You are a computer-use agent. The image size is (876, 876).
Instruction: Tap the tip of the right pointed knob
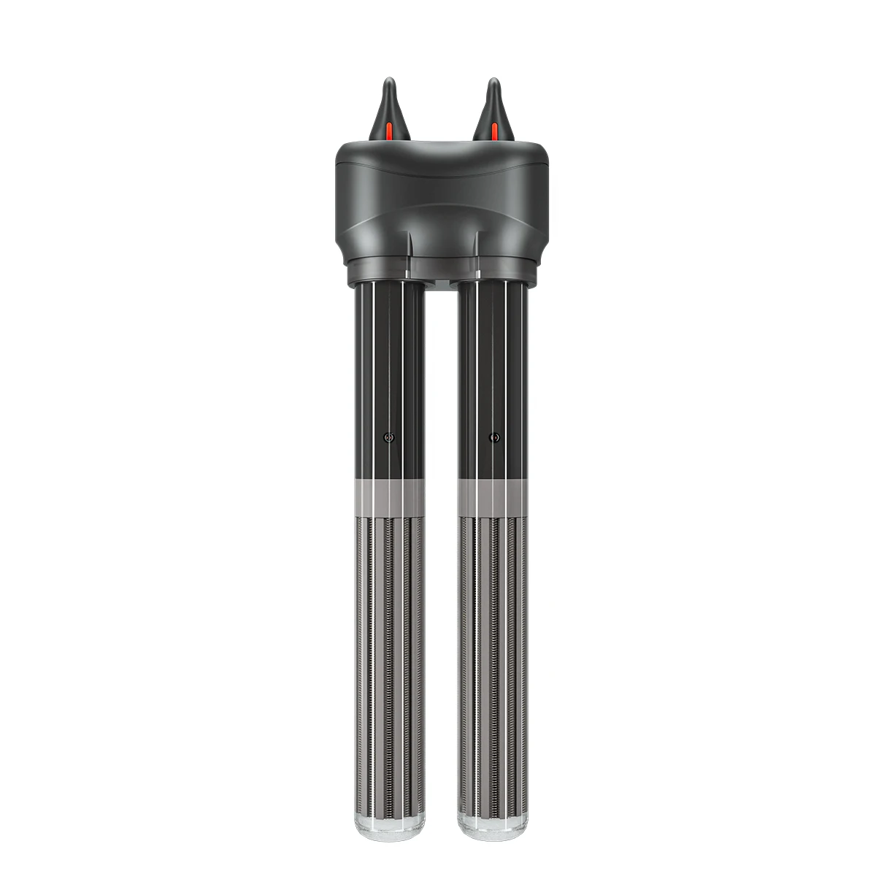click(x=495, y=80)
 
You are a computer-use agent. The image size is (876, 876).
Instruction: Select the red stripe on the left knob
click(x=389, y=131)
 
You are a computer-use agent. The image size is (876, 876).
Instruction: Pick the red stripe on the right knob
click(x=494, y=131)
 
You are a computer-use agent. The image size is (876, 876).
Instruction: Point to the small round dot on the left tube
click(x=388, y=438)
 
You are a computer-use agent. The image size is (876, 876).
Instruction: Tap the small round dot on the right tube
click(x=494, y=438)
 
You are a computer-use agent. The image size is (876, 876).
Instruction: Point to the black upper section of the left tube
click(x=389, y=365)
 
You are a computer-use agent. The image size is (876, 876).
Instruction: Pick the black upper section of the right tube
click(x=493, y=365)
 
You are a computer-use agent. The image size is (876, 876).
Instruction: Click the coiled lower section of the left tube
click(x=389, y=657)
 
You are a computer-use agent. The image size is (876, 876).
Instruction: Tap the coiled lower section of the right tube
click(x=493, y=657)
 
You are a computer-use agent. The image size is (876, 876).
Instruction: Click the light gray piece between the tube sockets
click(x=441, y=280)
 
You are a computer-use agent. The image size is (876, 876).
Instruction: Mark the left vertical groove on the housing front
click(x=409, y=245)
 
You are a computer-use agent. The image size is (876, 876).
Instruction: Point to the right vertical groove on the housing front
click(x=475, y=245)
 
